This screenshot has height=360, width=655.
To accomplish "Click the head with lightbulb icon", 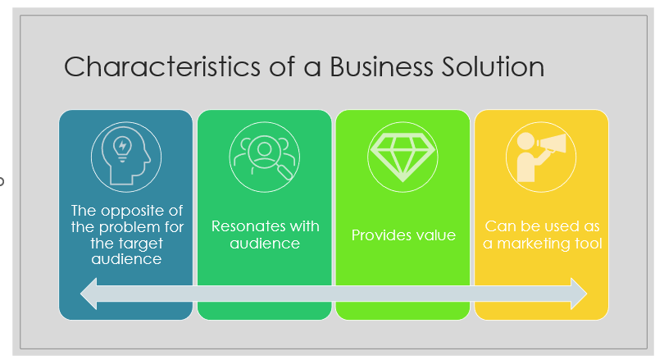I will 125,155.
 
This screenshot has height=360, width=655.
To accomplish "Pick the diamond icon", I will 403,155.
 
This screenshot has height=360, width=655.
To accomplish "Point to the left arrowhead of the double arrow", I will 87,294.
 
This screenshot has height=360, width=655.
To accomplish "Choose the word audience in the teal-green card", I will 265,244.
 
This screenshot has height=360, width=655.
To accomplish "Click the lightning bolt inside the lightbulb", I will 124,145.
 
